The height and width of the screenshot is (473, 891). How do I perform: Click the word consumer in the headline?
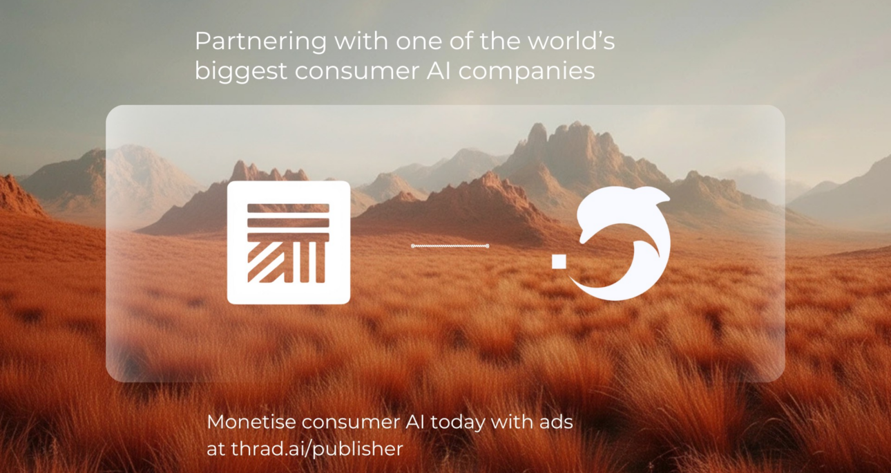(x=348, y=71)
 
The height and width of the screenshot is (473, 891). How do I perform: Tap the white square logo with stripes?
(x=289, y=242)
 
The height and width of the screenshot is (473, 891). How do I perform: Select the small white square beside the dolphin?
(x=559, y=260)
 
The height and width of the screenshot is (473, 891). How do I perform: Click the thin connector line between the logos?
(x=450, y=245)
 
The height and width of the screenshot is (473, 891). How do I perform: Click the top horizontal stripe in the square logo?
(x=288, y=207)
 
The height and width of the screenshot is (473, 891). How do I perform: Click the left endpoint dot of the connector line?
(x=413, y=245)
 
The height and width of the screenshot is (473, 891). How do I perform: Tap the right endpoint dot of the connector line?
(x=488, y=245)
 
